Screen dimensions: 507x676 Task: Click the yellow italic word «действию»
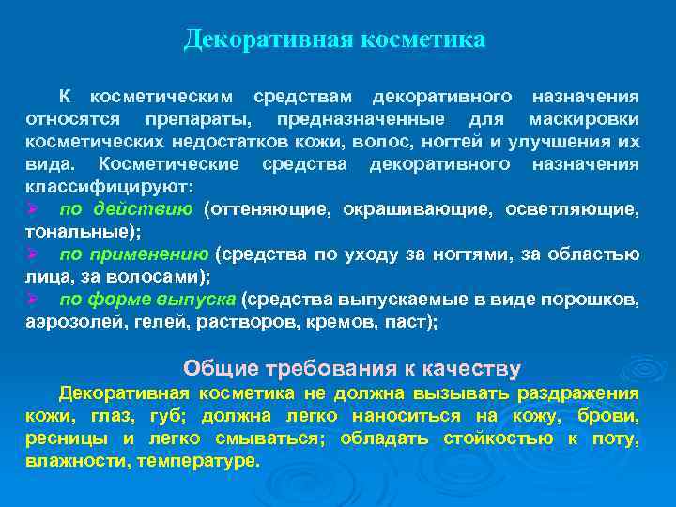tap(153, 209)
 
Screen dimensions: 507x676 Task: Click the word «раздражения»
tap(580, 393)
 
